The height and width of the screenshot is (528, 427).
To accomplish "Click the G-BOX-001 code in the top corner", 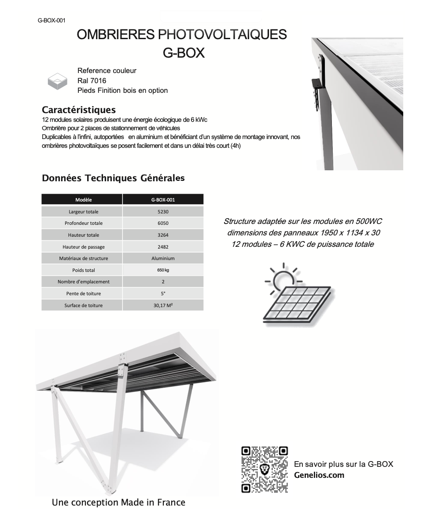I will (52, 20).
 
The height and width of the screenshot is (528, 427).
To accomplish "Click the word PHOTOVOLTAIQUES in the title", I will (222, 34).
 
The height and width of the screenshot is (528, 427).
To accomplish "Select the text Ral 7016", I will (92, 81).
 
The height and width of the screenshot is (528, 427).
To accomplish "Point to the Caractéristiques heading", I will (79, 110).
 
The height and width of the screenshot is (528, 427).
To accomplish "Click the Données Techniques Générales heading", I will (113, 178).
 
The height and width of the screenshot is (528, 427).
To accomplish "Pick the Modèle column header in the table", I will (84, 200).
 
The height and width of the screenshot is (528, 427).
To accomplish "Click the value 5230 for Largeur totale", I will (163, 212).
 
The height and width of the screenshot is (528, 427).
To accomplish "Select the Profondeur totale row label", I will (84, 223).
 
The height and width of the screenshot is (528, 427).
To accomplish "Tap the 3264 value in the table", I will (163, 235).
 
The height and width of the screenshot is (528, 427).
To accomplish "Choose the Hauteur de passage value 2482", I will (163, 247).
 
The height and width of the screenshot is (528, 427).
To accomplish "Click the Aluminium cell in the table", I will (163, 258).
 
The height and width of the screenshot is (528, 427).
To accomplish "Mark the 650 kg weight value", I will (163, 270).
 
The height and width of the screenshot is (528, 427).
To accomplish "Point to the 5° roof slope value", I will (163, 293).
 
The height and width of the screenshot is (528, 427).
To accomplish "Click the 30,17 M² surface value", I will (163, 305).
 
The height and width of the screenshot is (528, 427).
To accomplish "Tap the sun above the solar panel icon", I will (283, 279).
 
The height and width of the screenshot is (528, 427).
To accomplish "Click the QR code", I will (265, 469).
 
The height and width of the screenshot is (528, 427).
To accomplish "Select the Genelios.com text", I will (319, 475).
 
